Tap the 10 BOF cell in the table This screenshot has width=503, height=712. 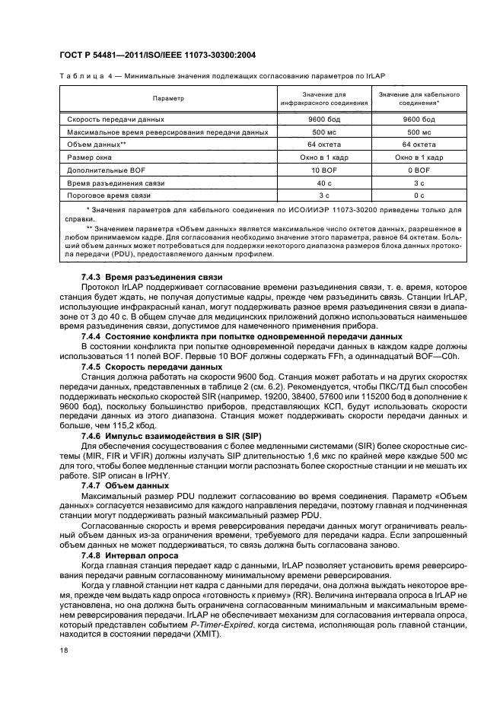pyautogui.click(x=325, y=170)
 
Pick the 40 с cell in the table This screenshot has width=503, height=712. pyautogui.click(x=325, y=183)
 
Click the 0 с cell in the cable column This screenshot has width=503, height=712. pyautogui.click(x=419, y=195)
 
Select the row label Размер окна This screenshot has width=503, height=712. pyautogui.click(x=91, y=157)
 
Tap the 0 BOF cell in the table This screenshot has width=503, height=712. pyautogui.click(x=419, y=170)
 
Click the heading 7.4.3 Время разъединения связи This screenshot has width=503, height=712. pyautogui.click(x=151, y=276)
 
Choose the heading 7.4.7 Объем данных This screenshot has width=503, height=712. pyautogui.click(x=125, y=485)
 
